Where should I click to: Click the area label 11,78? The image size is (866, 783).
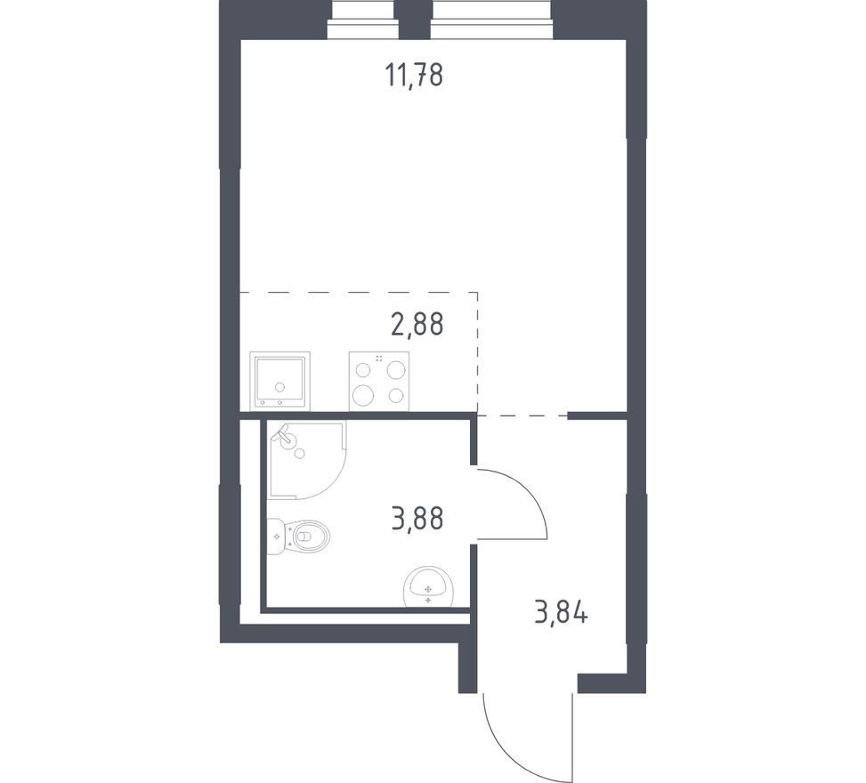414,75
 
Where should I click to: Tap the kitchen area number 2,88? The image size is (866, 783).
417,325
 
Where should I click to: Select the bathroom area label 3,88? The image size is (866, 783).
417,519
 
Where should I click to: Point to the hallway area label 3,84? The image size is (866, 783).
561,612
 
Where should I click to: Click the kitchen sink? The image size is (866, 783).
279,382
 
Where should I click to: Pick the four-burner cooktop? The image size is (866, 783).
379,382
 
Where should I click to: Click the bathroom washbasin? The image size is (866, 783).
429,587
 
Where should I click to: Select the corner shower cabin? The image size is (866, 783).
307,460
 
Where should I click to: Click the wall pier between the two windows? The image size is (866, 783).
414,20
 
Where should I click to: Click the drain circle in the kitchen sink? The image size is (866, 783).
280,386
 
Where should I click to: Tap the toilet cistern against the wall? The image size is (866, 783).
275,536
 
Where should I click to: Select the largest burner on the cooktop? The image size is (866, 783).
363,394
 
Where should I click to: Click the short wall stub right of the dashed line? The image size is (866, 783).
596,416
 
